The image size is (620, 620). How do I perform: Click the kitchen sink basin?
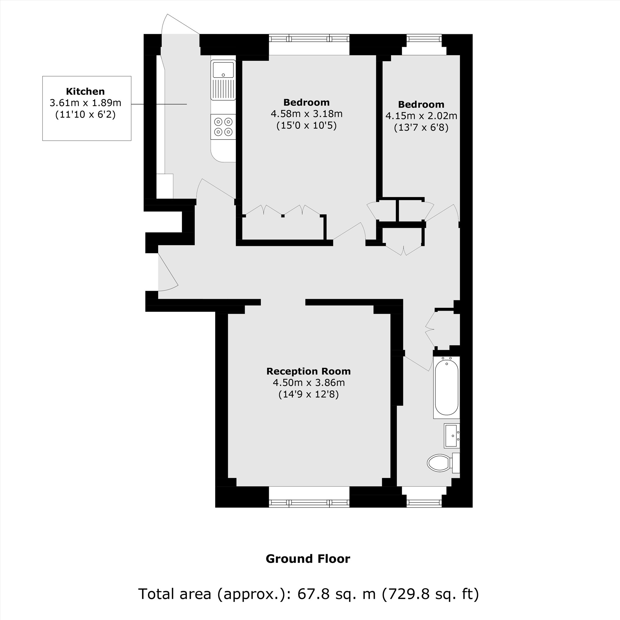coord(223,70)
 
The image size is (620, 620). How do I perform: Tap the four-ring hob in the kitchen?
coord(223,127)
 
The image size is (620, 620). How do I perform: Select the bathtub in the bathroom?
coord(446,387)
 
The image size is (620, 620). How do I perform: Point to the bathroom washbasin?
coord(452,436)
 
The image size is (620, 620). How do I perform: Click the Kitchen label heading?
coord(85,91)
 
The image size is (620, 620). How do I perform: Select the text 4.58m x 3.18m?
coord(307,114)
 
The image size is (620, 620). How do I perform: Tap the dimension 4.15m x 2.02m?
coord(421,116)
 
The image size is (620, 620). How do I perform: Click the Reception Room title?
coord(308,371)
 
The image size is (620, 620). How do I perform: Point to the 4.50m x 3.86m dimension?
coord(309,383)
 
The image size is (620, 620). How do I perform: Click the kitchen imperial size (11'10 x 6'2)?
coord(85,115)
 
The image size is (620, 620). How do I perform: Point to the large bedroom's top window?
coord(309,38)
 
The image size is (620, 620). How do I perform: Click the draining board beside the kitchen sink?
coord(223,90)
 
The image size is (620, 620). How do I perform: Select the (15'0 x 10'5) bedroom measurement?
coord(307,126)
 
